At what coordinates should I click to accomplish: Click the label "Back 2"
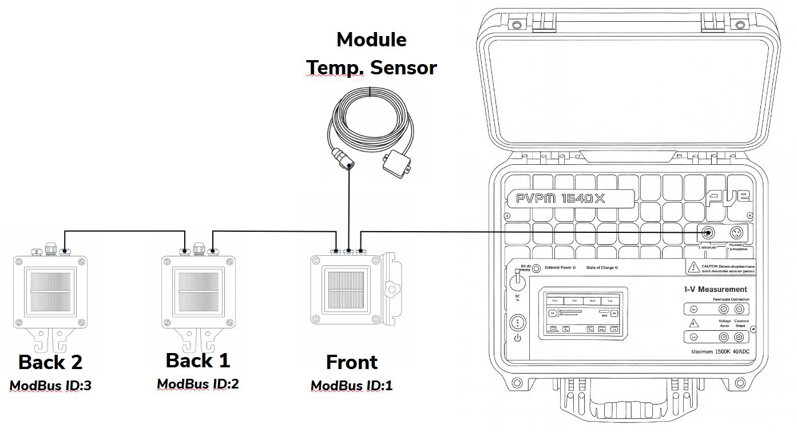(50, 362)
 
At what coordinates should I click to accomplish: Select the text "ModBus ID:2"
(198, 384)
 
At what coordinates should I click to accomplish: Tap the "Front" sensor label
(351, 362)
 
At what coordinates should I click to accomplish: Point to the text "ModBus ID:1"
(351, 385)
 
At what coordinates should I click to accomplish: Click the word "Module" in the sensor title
(371, 40)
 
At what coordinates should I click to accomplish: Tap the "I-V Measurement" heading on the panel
(716, 290)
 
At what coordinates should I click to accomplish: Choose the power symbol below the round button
(518, 338)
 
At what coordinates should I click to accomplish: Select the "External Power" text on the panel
(558, 268)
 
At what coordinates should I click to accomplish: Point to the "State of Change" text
(602, 268)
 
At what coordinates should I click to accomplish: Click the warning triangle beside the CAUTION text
(694, 267)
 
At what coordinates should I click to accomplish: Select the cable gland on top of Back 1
(199, 249)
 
